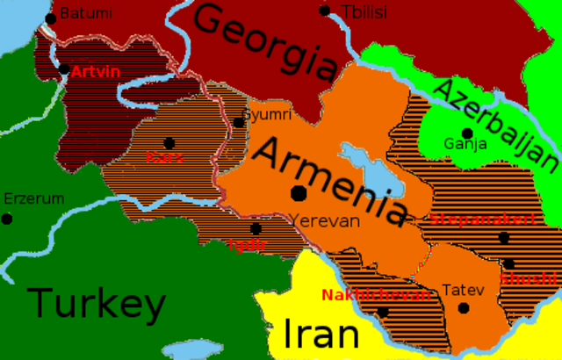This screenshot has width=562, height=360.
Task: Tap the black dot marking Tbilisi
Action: (325, 11)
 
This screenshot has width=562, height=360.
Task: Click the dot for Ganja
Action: (468, 133)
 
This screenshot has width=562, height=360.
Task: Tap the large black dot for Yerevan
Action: (299, 193)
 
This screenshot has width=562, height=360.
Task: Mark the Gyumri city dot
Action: (238, 122)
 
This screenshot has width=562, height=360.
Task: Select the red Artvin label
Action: (96, 70)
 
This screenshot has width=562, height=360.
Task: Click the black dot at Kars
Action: (169, 142)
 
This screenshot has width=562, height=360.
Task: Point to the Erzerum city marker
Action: (7, 218)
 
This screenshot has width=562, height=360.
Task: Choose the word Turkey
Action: (97, 305)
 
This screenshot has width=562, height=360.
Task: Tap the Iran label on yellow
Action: (321, 335)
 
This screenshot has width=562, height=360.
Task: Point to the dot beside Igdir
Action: (256, 228)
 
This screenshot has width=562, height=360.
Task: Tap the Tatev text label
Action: (463, 289)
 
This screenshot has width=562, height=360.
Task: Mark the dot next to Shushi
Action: (508, 263)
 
